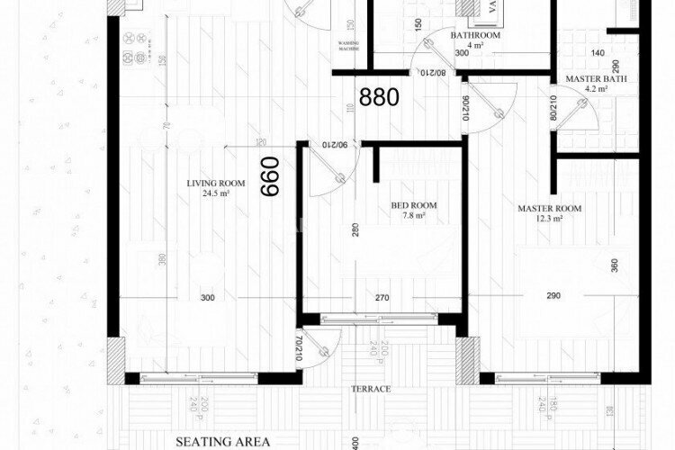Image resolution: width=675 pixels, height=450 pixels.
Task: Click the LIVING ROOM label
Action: (210, 184)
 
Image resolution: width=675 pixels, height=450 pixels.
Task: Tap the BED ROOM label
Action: (413, 205)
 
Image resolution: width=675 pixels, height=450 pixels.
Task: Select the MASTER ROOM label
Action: (549, 209)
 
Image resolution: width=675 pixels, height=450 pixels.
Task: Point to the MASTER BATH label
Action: (589, 79)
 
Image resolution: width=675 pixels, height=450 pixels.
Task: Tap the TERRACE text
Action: (370, 389)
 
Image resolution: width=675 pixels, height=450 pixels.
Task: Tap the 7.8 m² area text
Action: (413, 215)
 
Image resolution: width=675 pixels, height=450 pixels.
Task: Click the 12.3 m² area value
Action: (549, 219)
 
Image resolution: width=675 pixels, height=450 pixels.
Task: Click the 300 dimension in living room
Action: (208, 297)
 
